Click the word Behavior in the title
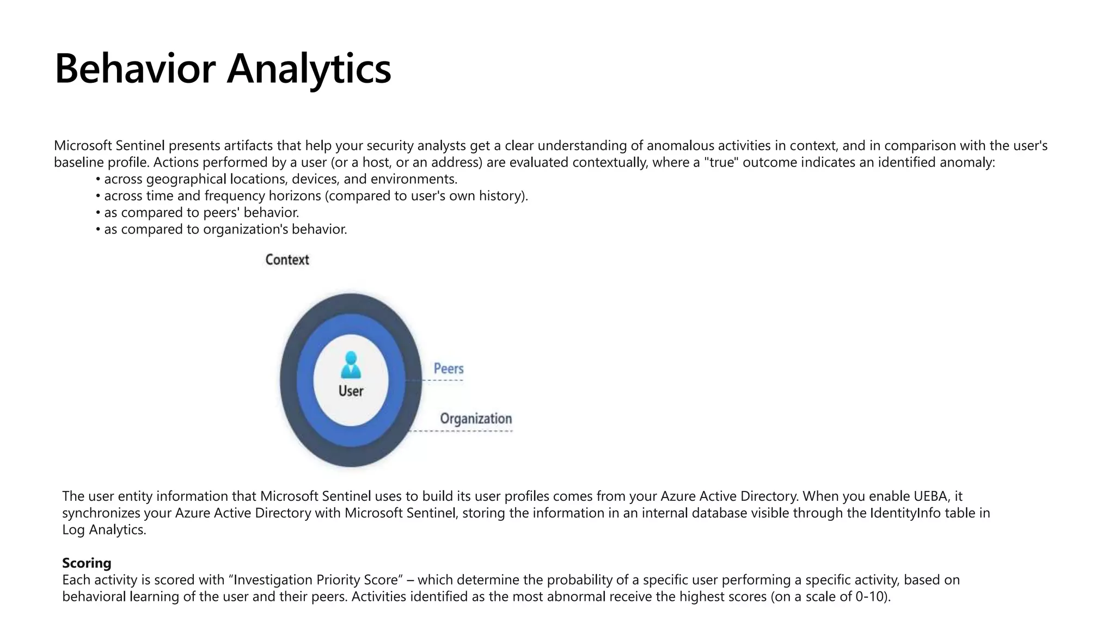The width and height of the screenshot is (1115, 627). tap(135, 69)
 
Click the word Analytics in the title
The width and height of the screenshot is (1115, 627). tap(309, 69)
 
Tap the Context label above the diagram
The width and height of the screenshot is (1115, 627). tap(287, 260)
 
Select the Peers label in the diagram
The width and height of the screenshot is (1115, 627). tap(449, 368)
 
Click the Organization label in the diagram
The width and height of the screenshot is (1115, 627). tap(476, 419)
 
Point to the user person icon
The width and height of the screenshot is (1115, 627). tap(351, 364)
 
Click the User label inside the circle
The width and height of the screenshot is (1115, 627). tap(351, 391)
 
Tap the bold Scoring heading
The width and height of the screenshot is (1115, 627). tap(87, 563)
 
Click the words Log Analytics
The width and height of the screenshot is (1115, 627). tap(104, 530)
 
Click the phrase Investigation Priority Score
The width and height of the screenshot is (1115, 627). tap(316, 580)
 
